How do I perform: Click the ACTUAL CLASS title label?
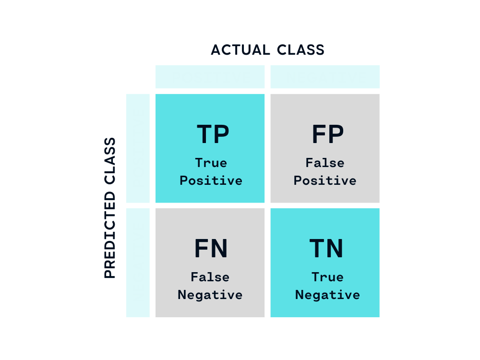[x=267, y=49]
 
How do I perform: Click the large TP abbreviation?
[x=213, y=135]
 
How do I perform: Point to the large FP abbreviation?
[x=327, y=135]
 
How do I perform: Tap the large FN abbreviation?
[x=211, y=249]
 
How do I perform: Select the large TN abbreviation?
[x=326, y=249]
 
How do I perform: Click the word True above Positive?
[x=211, y=163]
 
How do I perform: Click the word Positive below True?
[x=211, y=181]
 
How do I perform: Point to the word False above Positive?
[x=325, y=163]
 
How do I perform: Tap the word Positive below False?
[x=325, y=181]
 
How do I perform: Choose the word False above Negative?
[x=210, y=277]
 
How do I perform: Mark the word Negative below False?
[x=210, y=295]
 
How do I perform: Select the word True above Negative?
[x=327, y=277]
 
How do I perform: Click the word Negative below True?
[x=327, y=295]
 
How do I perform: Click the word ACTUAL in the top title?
[x=240, y=49]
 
